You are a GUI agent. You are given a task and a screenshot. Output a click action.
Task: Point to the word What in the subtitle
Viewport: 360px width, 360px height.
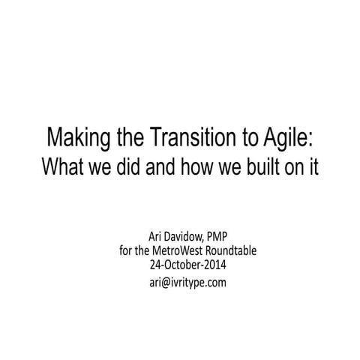[62, 166]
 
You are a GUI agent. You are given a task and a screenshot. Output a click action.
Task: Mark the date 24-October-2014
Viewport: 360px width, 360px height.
[181, 265]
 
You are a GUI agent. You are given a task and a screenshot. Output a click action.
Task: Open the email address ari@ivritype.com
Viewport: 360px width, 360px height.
[181, 282]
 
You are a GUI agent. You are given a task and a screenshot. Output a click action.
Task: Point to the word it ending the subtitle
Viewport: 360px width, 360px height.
[313, 166]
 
